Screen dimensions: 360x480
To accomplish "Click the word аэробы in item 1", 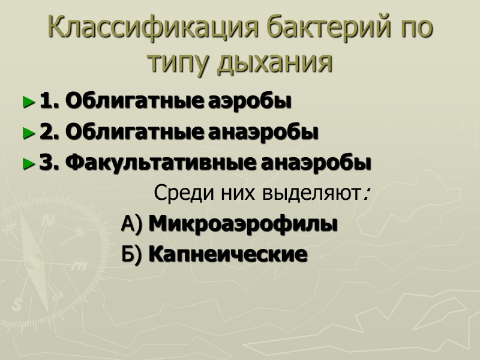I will (x=250, y=102).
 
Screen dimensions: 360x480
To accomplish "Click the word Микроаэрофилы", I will (x=242, y=224).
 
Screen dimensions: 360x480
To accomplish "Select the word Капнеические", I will (x=227, y=254).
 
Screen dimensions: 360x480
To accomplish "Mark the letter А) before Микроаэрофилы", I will (x=131, y=224).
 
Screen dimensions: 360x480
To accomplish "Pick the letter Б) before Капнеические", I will (x=131, y=254).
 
